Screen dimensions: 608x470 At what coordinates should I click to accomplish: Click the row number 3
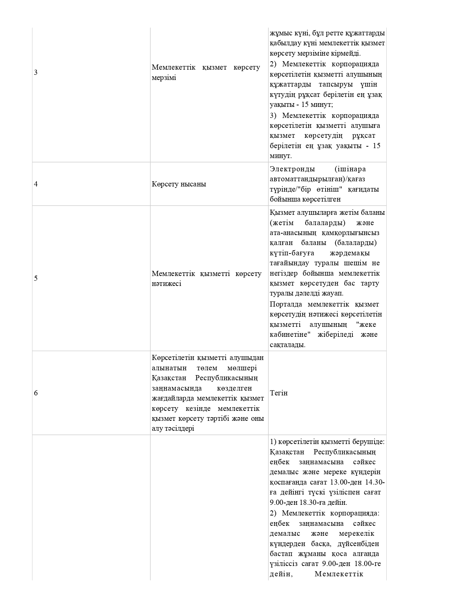pos(36,72)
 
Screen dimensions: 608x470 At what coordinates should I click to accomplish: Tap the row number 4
pos(36,184)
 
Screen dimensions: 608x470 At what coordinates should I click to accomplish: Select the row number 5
pos(36,278)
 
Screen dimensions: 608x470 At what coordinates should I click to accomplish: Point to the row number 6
pos(36,393)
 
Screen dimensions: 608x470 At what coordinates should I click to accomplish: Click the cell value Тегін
pos(279,393)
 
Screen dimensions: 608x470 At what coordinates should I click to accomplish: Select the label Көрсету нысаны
pos(179,184)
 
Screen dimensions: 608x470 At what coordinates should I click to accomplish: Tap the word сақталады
pos(288,345)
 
